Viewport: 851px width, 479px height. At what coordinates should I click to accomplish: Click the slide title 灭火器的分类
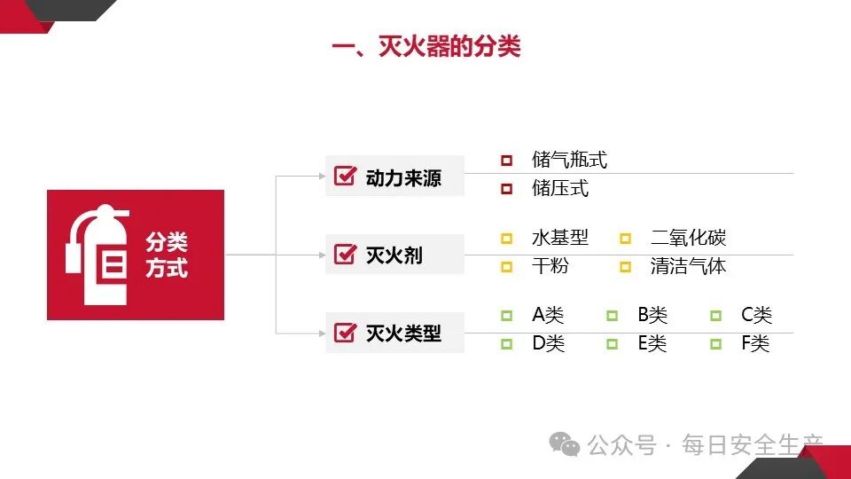(426, 45)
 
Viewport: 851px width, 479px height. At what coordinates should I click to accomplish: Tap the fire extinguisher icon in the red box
(97, 255)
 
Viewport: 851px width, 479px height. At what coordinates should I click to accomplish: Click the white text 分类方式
(167, 255)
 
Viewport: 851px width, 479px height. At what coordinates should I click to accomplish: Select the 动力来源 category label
(402, 178)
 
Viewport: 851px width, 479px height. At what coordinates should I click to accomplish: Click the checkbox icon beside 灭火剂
(344, 255)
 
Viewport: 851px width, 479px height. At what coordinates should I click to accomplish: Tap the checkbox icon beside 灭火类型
(344, 333)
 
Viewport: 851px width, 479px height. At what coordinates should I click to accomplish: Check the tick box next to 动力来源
(344, 177)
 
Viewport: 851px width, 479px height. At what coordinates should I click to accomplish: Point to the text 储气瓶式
(569, 161)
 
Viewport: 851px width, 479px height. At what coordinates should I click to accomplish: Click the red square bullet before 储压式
(506, 189)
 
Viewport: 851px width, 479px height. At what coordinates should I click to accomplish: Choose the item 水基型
(559, 238)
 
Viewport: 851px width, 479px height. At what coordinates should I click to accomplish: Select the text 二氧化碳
(688, 238)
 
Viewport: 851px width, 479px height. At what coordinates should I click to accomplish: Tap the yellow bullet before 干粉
(506, 267)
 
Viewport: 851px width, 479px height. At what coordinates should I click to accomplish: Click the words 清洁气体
(688, 266)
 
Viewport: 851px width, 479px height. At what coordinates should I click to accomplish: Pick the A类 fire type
(548, 315)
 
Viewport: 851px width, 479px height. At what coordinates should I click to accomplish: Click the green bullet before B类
(612, 315)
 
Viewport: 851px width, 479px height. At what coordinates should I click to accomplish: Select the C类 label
(756, 315)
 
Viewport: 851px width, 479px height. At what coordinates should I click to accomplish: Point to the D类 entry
(548, 343)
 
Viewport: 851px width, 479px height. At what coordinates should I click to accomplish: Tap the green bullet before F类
(715, 343)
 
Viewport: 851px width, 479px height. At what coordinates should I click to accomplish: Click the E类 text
(652, 343)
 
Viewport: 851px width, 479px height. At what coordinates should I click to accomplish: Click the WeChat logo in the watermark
(564, 444)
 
